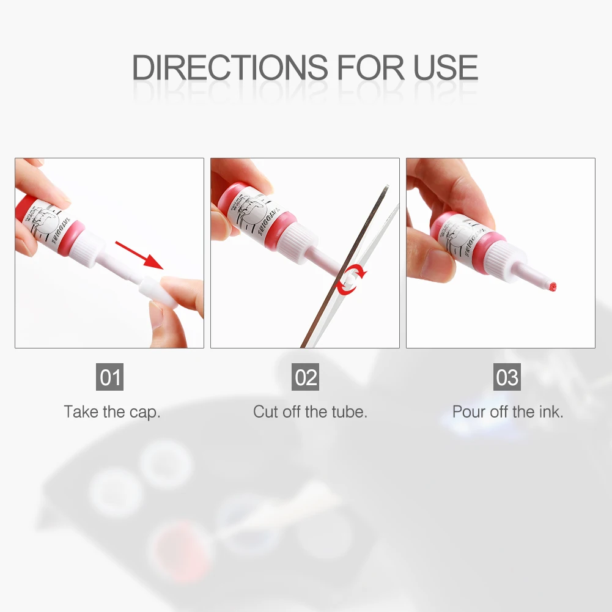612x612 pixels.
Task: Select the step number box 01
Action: pos(111,377)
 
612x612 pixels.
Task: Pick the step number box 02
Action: pos(306,377)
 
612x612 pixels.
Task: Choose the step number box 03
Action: pos(507,377)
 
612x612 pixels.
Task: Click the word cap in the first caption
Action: pos(144,412)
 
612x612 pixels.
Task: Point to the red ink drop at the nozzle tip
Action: pos(553,286)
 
